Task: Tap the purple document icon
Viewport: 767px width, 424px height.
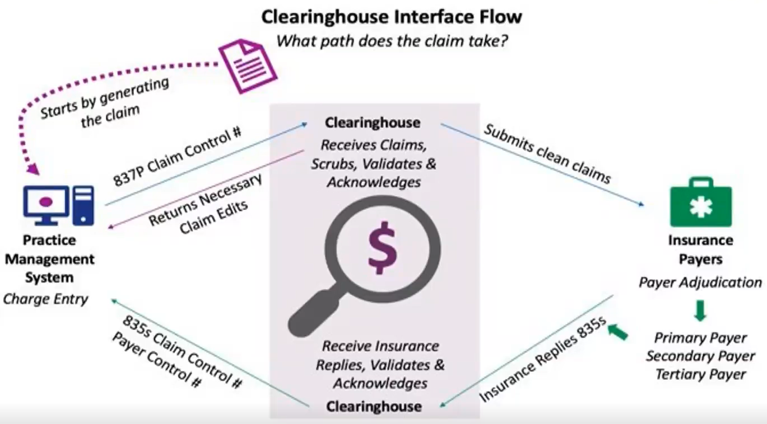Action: pos(247,64)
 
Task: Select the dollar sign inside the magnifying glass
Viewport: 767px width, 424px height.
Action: pos(383,246)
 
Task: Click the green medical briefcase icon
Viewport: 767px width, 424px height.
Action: pos(700,202)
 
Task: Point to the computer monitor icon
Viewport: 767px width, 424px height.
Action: pos(46,202)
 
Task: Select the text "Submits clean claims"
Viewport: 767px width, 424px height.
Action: pos(547,154)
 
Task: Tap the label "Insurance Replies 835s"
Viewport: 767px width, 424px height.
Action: pos(543,361)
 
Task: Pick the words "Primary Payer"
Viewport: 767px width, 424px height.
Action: pos(700,338)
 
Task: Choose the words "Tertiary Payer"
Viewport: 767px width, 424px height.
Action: pos(700,374)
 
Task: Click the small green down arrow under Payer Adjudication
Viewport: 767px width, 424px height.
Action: pos(700,310)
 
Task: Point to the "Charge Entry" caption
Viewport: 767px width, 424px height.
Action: pos(46,299)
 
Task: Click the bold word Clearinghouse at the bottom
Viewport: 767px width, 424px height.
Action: pos(374,406)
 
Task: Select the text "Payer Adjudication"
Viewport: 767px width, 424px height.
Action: pos(700,282)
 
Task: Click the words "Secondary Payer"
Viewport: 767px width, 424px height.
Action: pos(700,356)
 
